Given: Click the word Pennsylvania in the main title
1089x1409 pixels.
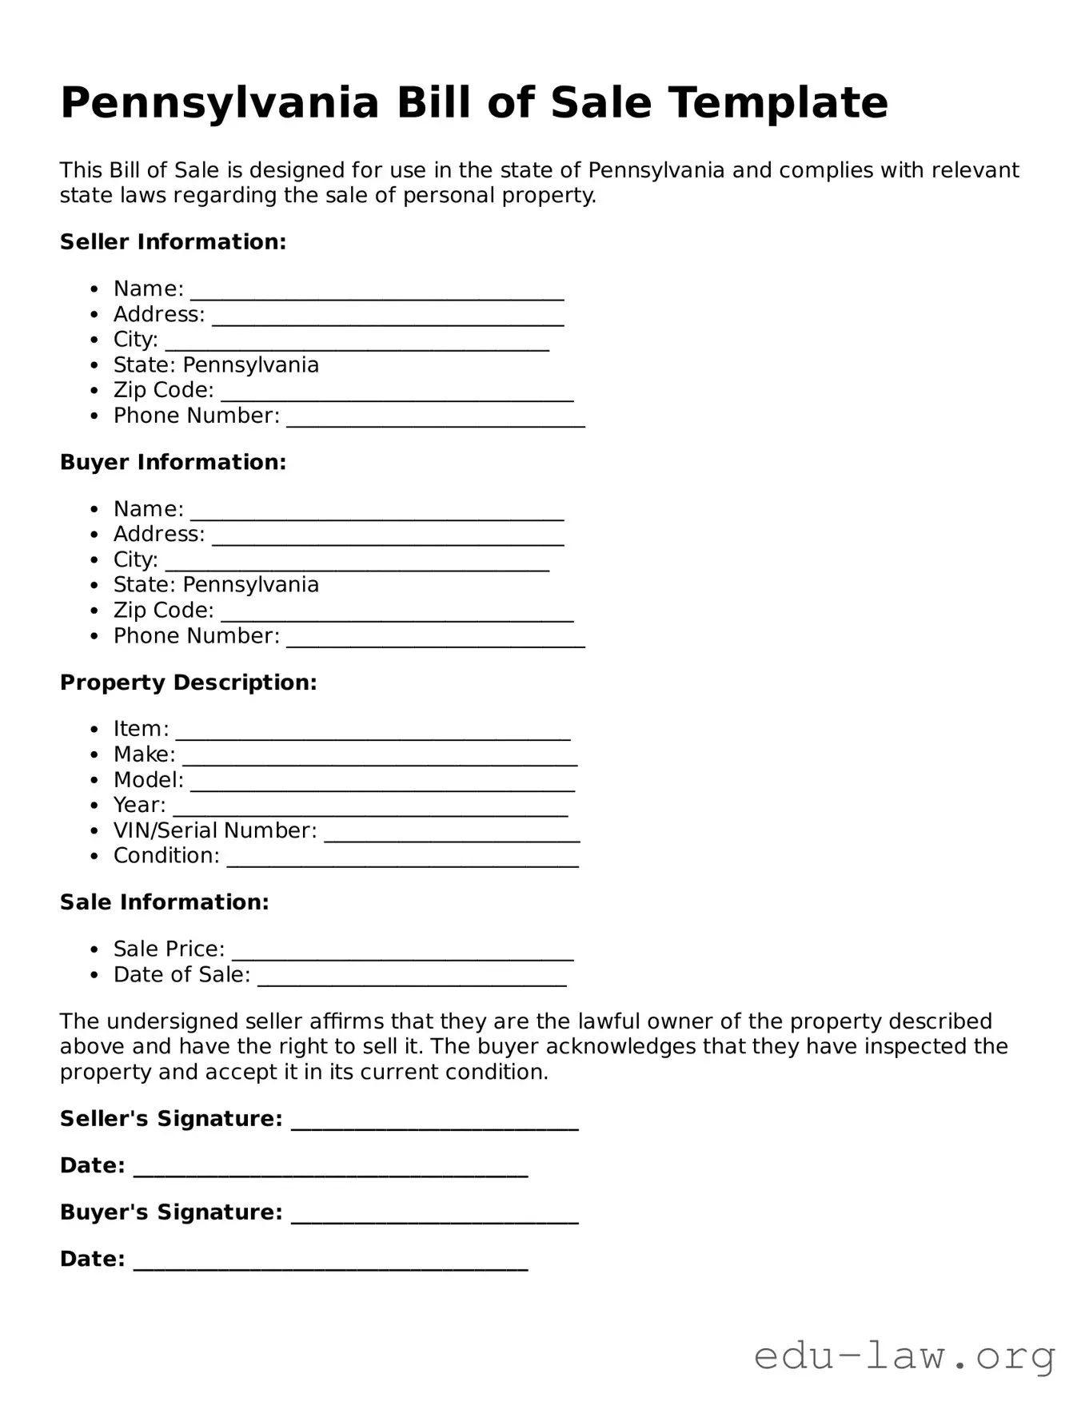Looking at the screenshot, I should pyautogui.click(x=219, y=104).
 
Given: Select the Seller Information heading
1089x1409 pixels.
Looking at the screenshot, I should pyautogui.click(x=173, y=242).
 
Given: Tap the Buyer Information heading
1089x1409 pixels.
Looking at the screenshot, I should pyautogui.click(x=173, y=463).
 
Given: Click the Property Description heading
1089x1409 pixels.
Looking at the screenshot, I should pyautogui.click(x=188, y=683).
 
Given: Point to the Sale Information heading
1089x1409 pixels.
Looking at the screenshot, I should pyautogui.click(x=164, y=902).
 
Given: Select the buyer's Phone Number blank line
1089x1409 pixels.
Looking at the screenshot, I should pyautogui.click(x=435, y=641).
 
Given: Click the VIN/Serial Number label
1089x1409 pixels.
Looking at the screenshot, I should pyautogui.click(x=215, y=831).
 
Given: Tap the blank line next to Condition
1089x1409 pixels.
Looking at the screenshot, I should pyautogui.click(x=402, y=861).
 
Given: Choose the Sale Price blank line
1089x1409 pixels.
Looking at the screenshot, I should pyautogui.click(x=402, y=954).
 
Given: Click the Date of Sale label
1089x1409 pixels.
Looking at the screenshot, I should pyautogui.click(x=181, y=975).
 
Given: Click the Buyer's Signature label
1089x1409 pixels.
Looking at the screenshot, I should pyautogui.click(x=171, y=1212).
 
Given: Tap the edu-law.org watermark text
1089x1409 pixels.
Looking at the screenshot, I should pyautogui.click(x=904, y=1356).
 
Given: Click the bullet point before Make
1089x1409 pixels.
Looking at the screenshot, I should pyautogui.click(x=95, y=755).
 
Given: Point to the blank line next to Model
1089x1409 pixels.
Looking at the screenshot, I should pyautogui.click(x=382, y=786).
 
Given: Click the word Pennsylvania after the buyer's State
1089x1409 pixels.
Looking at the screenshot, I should pyautogui.click(x=250, y=585).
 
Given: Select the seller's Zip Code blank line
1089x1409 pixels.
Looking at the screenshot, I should pyautogui.click(x=397, y=396).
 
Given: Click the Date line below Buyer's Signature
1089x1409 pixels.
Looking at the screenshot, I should pyautogui.click(x=330, y=1264).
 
